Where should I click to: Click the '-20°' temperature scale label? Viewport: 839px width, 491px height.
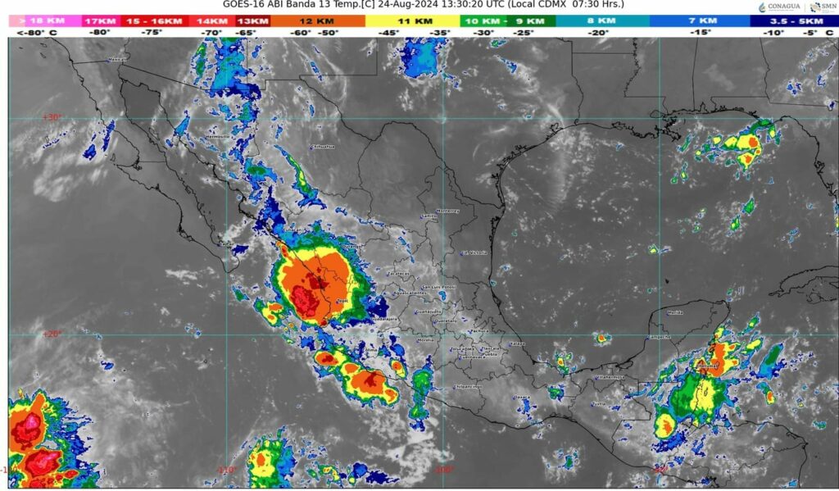click(x=598, y=33)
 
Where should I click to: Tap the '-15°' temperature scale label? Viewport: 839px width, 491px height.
click(x=700, y=33)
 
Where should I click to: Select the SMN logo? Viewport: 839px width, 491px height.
click(x=824, y=7)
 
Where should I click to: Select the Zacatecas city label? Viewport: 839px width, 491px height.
click(x=398, y=274)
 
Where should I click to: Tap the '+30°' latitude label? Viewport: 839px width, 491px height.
click(x=52, y=117)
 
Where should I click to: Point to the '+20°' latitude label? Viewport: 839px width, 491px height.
click(x=52, y=334)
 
